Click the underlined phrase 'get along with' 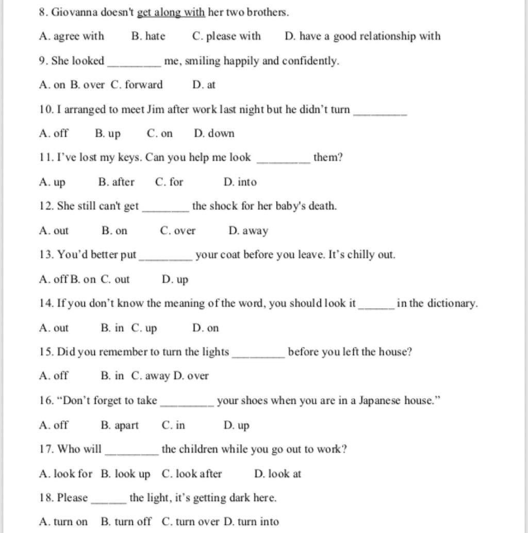[x=171, y=12]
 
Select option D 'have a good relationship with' [x=362, y=36]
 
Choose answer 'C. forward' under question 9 [x=137, y=85]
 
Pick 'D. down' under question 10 [x=214, y=134]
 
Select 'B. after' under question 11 [x=116, y=182]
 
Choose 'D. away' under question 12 [x=248, y=231]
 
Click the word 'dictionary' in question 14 [x=453, y=304]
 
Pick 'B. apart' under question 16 [x=120, y=425]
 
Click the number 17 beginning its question [x=45, y=449]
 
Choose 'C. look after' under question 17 [x=192, y=474]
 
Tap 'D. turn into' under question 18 [x=251, y=522]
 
